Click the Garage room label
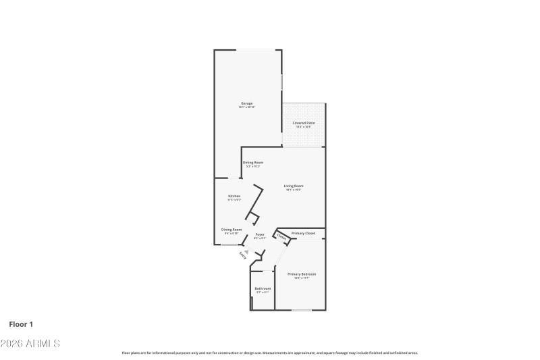(x=246, y=103)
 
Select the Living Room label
(x=293, y=186)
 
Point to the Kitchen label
(x=234, y=196)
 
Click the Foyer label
(x=259, y=234)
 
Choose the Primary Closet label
(x=303, y=233)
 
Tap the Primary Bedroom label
(x=302, y=274)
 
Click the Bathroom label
(x=262, y=288)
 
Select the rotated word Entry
(x=242, y=255)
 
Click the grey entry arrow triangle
(x=247, y=251)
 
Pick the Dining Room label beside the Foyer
(x=232, y=229)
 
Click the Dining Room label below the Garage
(x=253, y=162)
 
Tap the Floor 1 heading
(x=21, y=324)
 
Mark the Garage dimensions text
(x=246, y=107)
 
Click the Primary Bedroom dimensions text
(x=302, y=278)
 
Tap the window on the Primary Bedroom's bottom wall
(x=301, y=311)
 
